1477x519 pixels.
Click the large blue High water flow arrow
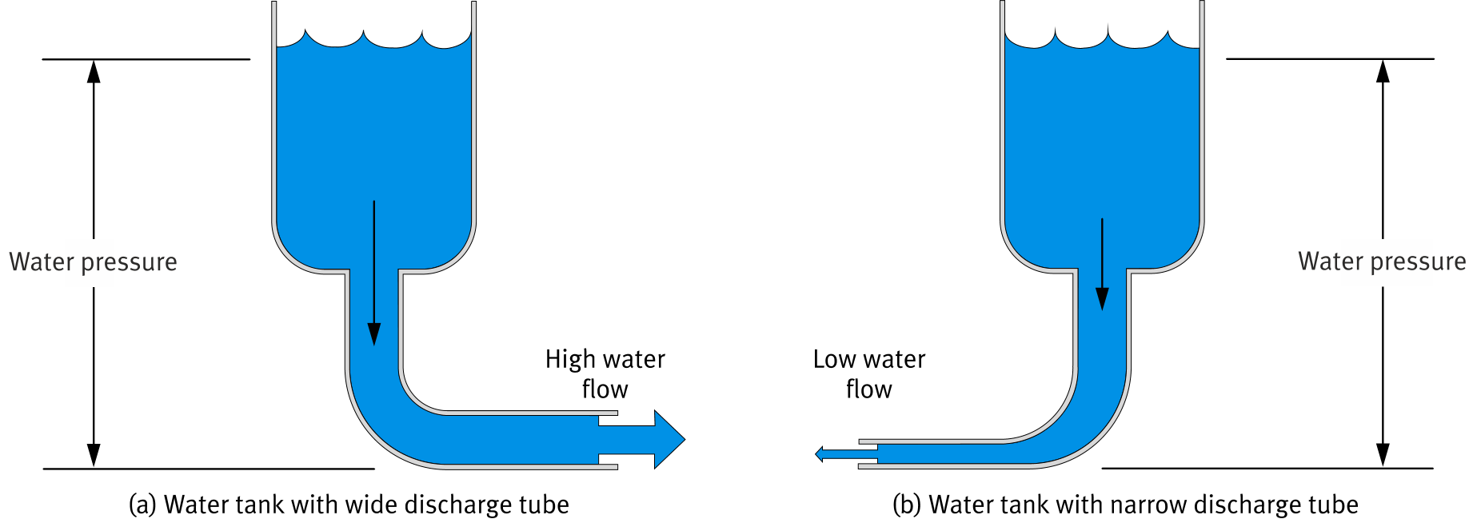(x=648, y=439)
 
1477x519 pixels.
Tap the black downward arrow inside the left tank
(x=373, y=272)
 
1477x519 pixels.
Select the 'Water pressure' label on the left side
(x=93, y=262)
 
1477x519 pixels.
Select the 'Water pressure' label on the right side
(x=1382, y=261)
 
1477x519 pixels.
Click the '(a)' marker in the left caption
(x=142, y=505)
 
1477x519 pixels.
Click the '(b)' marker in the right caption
(x=907, y=505)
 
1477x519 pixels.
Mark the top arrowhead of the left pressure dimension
(x=94, y=70)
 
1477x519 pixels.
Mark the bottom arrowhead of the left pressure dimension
(x=94, y=456)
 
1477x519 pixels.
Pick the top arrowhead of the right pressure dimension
(x=1383, y=70)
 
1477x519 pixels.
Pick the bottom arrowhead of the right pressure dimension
(x=1383, y=456)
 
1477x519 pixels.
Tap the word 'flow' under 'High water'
(x=605, y=389)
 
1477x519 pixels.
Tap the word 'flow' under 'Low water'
(x=868, y=389)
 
